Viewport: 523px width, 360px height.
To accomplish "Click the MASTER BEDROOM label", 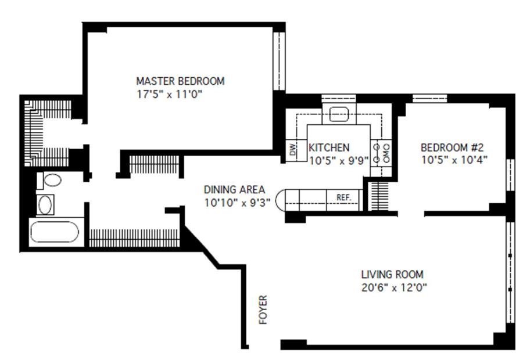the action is click(x=180, y=81).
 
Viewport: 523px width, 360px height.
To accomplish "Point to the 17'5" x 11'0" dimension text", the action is click(x=170, y=94).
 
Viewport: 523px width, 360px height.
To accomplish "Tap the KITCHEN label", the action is click(x=329, y=147).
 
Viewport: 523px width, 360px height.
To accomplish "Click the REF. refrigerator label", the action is click(x=344, y=197).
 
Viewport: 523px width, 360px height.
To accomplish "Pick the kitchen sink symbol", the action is click(x=339, y=114).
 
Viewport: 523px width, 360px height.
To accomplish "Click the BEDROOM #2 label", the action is click(x=452, y=147).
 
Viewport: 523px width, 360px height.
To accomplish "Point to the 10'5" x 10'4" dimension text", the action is click(x=454, y=160).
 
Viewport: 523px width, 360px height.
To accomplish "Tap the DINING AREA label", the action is click(x=234, y=190).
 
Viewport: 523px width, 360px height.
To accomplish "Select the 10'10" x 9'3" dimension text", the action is click(x=237, y=202).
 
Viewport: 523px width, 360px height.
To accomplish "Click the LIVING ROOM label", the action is click(x=392, y=274).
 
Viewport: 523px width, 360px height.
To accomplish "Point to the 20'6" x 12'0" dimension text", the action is click(x=394, y=287).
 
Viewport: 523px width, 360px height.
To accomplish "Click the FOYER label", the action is click(x=263, y=309).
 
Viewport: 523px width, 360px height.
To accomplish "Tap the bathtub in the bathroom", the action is click(x=55, y=232).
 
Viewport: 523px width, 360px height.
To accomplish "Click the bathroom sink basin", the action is click(x=45, y=204).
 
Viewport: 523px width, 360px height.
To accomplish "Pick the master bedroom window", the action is click(x=279, y=60).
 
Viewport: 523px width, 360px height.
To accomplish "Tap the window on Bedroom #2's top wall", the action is click(x=429, y=99).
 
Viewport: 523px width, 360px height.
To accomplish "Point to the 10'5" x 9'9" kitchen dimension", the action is click(x=339, y=160).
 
